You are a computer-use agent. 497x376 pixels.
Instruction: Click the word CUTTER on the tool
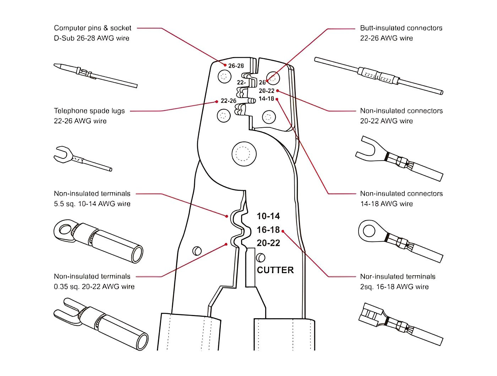tap(275, 270)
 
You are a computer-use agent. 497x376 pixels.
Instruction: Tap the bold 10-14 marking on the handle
tap(268, 216)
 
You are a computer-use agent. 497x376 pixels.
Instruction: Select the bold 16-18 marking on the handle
tap(268, 230)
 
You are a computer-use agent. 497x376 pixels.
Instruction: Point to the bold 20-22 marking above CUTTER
tap(268, 243)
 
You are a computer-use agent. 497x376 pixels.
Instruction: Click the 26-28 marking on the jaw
tap(236, 66)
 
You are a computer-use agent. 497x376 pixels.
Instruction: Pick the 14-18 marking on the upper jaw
tap(266, 99)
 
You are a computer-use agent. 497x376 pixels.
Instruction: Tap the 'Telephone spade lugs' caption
tap(89, 111)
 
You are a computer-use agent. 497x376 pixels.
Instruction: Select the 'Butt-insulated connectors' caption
tap(401, 28)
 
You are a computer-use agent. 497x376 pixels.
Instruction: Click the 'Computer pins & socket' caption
tap(92, 28)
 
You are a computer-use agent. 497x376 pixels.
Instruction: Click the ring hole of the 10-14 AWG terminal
tap(65, 230)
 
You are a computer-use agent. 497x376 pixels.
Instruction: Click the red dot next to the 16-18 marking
tap(283, 231)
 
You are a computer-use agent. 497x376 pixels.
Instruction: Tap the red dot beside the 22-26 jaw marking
tap(217, 102)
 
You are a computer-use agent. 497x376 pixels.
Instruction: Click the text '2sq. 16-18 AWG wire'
tap(394, 287)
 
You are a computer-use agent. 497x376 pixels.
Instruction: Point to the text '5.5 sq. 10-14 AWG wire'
tap(92, 204)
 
